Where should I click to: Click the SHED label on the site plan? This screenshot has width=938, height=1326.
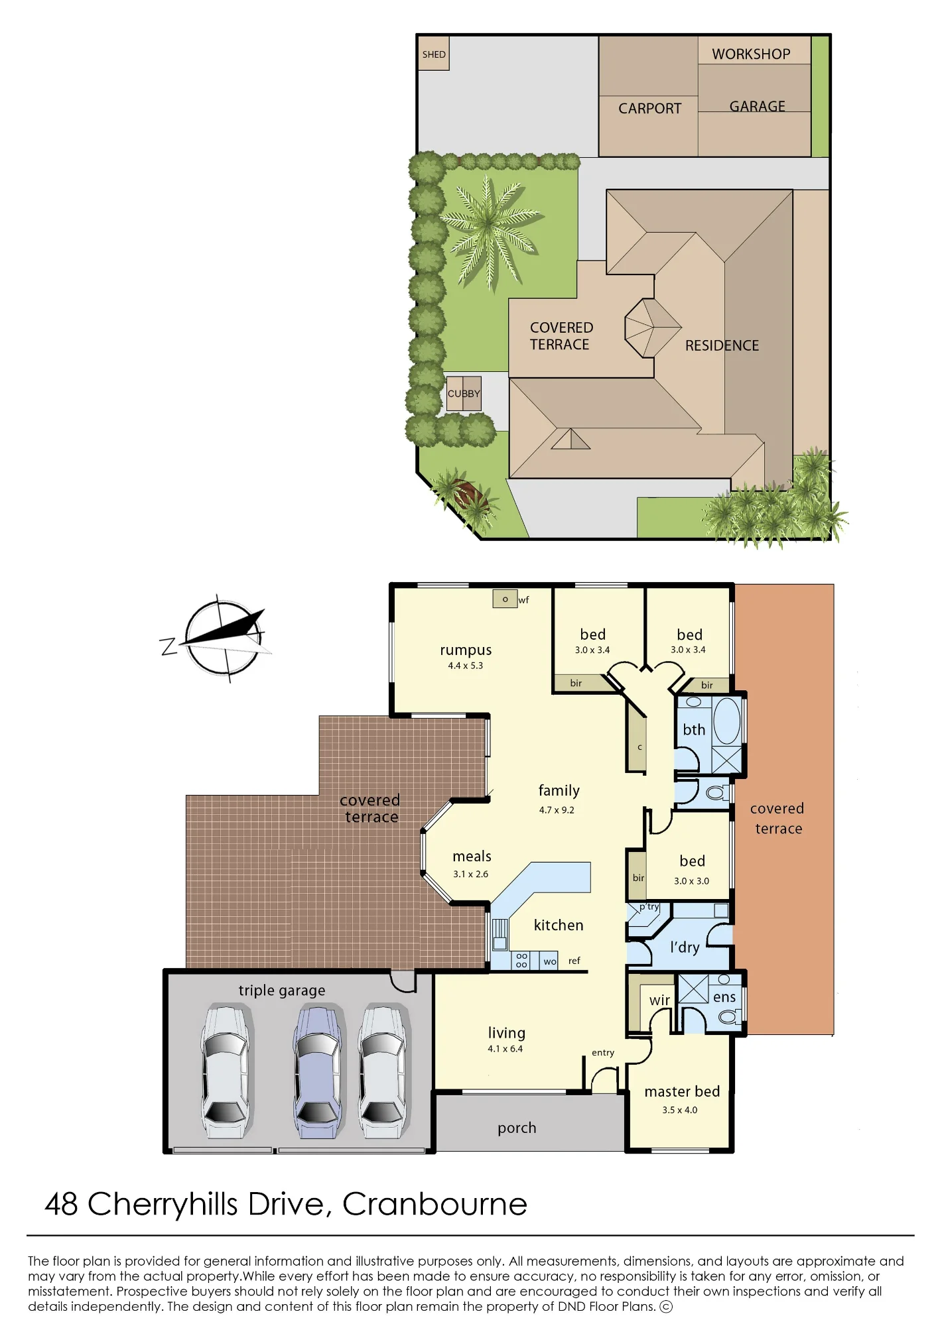click(x=434, y=54)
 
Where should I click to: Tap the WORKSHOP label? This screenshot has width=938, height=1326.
click(x=751, y=54)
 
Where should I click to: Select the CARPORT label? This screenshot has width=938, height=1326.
click(x=649, y=108)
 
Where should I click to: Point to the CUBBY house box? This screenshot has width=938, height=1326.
click(x=463, y=393)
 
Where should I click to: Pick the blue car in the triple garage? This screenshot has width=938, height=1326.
click(x=319, y=1072)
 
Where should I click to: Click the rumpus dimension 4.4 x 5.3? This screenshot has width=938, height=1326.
click(x=465, y=666)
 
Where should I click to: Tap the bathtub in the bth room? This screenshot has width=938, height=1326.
click(x=727, y=720)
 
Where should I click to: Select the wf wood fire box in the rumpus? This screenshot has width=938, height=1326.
click(x=505, y=599)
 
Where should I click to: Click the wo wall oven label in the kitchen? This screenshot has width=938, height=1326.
click(x=550, y=961)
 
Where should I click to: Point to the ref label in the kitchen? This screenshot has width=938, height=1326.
click(x=574, y=960)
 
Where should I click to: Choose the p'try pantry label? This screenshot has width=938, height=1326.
click(x=649, y=907)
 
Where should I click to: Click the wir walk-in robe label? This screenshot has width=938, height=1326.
click(x=659, y=1000)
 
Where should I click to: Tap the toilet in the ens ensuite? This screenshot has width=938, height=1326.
click(x=730, y=1016)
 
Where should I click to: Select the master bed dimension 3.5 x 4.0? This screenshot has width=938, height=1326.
click(x=680, y=1110)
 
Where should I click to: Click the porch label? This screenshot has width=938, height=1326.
click(x=517, y=1128)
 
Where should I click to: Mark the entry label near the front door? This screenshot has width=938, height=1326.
click(x=603, y=1052)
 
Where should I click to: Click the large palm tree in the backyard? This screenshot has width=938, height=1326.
click(x=490, y=229)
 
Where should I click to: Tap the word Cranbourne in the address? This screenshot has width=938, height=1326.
click(x=435, y=1204)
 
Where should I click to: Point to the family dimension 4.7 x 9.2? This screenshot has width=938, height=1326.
click(x=557, y=810)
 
